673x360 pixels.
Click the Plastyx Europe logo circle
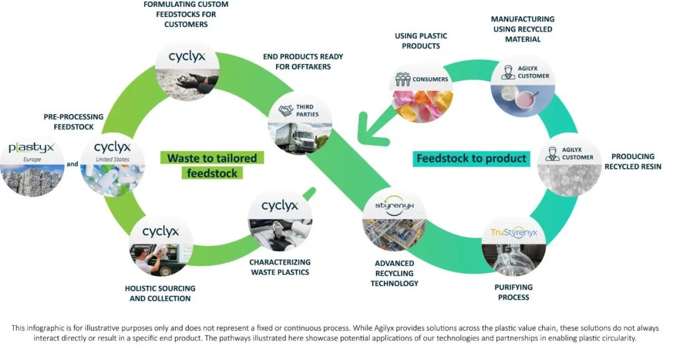(x=32, y=165)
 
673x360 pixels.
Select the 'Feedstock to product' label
(x=471, y=158)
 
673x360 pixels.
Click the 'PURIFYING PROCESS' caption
(x=513, y=292)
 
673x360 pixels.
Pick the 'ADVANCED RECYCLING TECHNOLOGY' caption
(x=394, y=273)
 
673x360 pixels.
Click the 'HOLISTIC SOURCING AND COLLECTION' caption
(x=160, y=293)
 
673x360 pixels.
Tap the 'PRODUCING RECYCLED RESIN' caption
(x=632, y=161)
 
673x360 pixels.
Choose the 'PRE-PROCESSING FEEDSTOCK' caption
(x=69, y=121)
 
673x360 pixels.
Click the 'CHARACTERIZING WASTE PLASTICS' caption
(x=280, y=267)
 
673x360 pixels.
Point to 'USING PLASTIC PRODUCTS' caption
(x=421, y=41)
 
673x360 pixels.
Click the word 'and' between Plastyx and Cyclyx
(x=72, y=165)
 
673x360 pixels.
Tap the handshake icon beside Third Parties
(x=286, y=110)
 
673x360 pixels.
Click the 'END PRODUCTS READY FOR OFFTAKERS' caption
(x=303, y=61)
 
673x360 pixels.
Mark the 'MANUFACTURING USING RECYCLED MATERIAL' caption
(x=522, y=29)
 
